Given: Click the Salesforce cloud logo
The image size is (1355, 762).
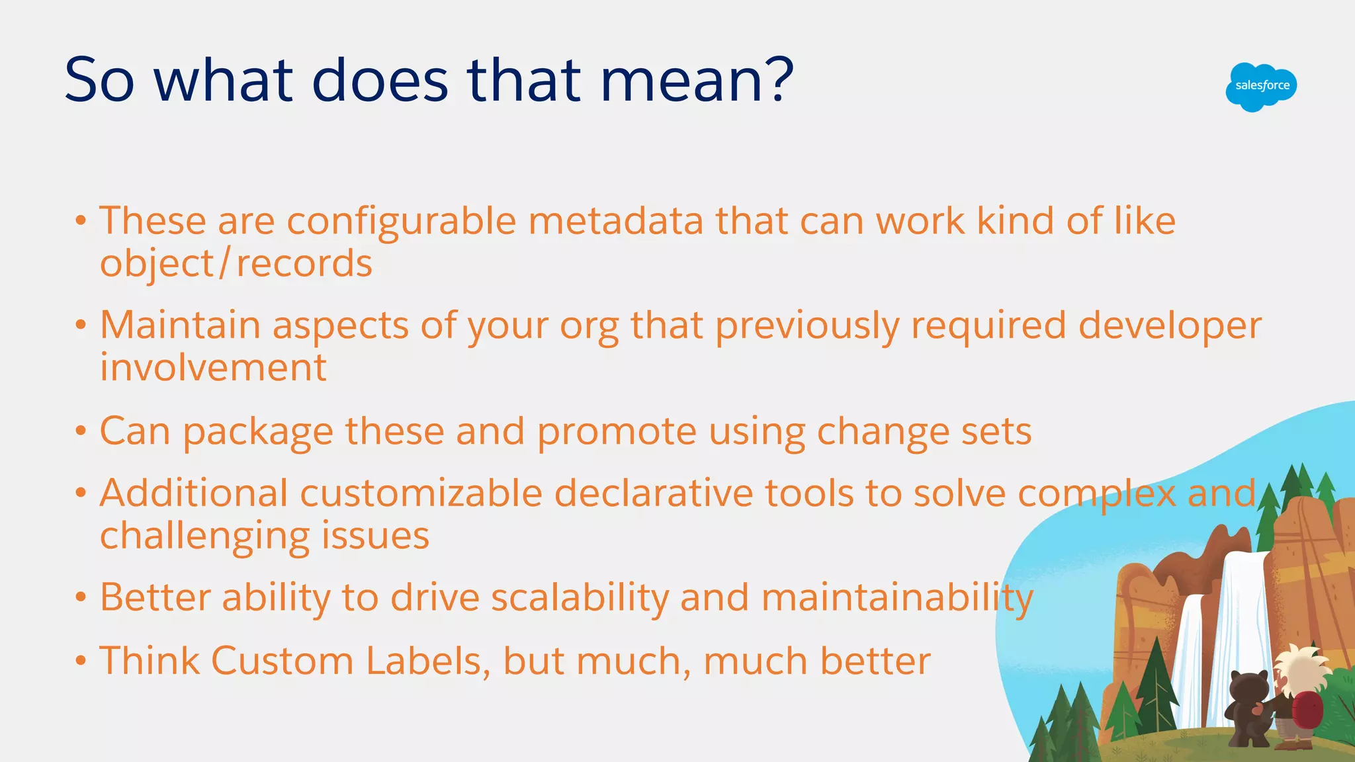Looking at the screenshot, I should (x=1261, y=87).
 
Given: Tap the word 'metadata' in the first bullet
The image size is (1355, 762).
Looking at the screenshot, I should (x=615, y=221).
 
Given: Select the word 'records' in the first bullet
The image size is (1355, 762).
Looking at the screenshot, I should (x=304, y=264).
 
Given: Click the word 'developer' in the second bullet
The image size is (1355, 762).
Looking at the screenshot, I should (x=1170, y=326).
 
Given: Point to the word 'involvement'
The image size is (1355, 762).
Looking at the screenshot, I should (x=213, y=368).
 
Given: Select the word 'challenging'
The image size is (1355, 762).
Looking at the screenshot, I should (x=204, y=536).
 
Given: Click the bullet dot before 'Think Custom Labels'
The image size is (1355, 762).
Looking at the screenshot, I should (x=81, y=661).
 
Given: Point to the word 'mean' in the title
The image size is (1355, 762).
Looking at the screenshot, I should (x=681, y=81).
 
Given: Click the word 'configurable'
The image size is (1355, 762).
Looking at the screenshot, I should (x=401, y=221).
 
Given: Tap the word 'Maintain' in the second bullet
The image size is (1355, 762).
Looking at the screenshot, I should (x=180, y=326).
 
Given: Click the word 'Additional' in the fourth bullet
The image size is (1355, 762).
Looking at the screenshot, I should (x=193, y=494).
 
